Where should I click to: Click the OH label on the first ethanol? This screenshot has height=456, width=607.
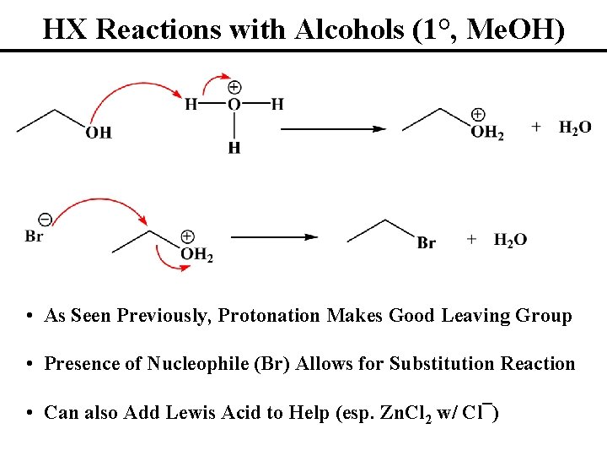click(99, 133)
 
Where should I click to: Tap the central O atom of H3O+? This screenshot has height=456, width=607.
click(234, 104)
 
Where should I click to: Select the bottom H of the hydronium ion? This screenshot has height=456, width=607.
click(234, 149)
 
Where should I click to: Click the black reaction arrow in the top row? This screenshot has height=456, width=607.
click(332, 128)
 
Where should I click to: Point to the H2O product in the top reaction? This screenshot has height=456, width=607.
click(575, 127)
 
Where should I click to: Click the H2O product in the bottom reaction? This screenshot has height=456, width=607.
click(510, 241)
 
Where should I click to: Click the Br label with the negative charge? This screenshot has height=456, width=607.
click(35, 236)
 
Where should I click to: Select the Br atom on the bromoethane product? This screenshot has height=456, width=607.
click(427, 243)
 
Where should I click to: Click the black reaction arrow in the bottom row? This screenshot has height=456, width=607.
click(275, 238)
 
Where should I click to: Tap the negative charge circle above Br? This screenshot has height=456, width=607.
click(46, 220)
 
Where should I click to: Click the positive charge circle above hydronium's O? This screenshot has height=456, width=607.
click(234, 87)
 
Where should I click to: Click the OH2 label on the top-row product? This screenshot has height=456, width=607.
click(486, 133)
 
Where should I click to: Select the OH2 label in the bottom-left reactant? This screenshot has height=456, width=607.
click(196, 254)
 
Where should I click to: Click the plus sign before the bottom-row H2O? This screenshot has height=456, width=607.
click(471, 241)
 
